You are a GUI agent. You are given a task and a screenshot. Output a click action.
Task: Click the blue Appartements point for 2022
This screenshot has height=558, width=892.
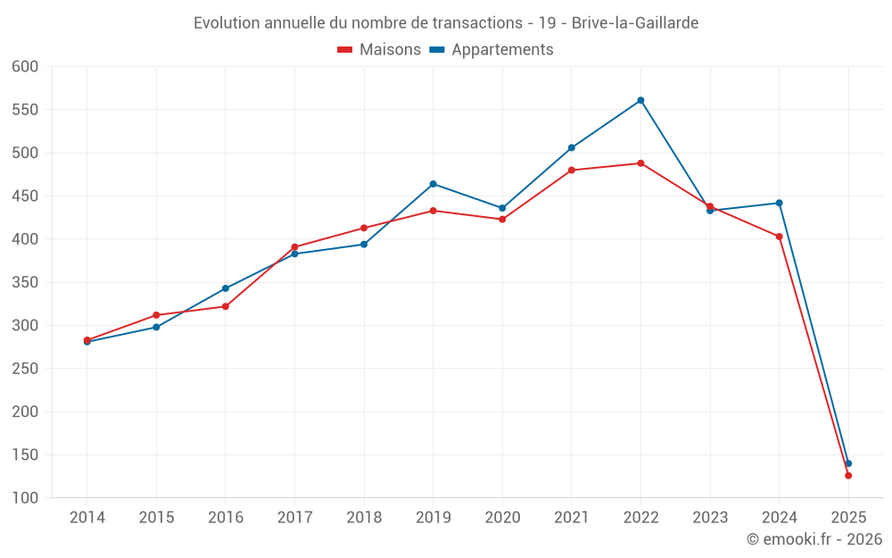tap(640, 100)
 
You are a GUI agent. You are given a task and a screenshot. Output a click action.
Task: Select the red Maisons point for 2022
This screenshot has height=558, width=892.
tap(640, 163)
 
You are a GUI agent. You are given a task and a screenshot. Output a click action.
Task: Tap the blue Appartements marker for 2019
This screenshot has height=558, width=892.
tap(434, 184)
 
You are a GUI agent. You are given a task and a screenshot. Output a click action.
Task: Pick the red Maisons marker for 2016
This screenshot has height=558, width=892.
tap(226, 306)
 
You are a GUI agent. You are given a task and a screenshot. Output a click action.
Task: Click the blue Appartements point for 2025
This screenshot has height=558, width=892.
tap(848, 463)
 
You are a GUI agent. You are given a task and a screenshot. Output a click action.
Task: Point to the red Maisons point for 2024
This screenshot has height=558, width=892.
tap(779, 237)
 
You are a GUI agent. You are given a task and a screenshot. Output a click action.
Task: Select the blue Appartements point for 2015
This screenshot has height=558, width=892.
tap(156, 327)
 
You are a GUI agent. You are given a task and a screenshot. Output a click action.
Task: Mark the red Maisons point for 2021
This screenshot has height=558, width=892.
tap(572, 170)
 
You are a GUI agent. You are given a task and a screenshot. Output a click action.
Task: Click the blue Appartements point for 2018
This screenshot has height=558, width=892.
tap(364, 245)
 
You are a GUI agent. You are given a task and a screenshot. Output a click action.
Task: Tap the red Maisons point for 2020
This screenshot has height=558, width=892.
tap(502, 219)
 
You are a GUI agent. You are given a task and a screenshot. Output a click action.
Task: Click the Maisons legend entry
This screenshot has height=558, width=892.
tap(379, 50)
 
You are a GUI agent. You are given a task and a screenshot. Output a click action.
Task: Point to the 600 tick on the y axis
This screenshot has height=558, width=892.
tap(25, 67)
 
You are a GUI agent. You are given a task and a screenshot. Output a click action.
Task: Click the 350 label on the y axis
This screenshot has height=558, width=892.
tap(25, 283)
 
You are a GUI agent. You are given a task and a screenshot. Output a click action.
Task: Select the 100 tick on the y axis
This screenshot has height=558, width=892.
tap(25, 498)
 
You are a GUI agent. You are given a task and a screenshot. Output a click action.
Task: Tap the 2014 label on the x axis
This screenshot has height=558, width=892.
tap(87, 518)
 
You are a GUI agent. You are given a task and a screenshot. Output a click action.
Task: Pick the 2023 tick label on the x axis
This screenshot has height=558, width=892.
tap(710, 518)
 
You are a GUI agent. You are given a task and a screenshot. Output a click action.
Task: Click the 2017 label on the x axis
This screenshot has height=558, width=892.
tap(294, 518)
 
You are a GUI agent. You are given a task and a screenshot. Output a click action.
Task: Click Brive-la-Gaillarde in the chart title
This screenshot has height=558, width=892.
tap(635, 22)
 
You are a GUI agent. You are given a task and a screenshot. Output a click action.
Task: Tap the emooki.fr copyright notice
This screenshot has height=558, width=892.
tap(814, 539)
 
